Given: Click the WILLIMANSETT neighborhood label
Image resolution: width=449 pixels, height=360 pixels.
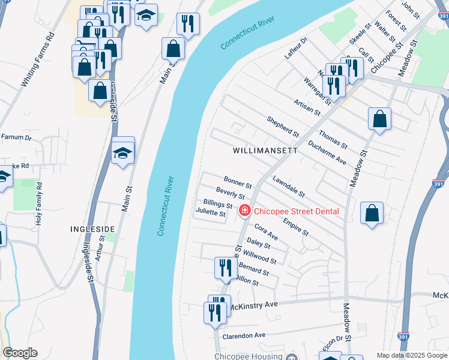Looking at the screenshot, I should coord(265,151).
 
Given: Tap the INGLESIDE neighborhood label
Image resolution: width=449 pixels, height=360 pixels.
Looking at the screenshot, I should coord(92,229).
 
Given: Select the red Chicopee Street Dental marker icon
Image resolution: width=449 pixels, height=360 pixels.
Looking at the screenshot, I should coord(244,211).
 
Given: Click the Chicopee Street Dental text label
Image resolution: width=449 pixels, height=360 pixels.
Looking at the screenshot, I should coord(296,211).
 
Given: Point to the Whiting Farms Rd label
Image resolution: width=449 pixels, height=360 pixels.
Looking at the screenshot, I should coord(38,59).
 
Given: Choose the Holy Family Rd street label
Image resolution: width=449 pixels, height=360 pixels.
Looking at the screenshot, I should coord(39,203).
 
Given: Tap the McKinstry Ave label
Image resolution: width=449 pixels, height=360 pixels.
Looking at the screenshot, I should coord(255,305).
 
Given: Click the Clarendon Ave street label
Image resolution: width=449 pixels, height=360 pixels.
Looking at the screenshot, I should coord(244,335).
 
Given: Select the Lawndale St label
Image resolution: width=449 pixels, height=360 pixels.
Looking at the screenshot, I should coord(289,187).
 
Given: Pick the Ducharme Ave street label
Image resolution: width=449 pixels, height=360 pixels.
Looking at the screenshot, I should coord(327,153).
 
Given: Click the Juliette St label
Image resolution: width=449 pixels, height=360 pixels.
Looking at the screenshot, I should coord(211,213).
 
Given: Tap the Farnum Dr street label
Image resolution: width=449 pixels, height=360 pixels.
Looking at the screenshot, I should coord(16,137).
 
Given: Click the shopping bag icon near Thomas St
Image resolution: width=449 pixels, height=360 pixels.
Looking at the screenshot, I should coord(379,119).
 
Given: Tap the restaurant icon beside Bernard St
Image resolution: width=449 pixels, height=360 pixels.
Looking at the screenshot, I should coord(225,268).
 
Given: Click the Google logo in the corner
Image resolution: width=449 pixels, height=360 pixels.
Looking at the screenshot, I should coord(20,353).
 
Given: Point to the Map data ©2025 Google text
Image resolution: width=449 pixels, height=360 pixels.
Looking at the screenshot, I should coord(411,355).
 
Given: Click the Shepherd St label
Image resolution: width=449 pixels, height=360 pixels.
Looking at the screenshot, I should coord(283,126).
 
